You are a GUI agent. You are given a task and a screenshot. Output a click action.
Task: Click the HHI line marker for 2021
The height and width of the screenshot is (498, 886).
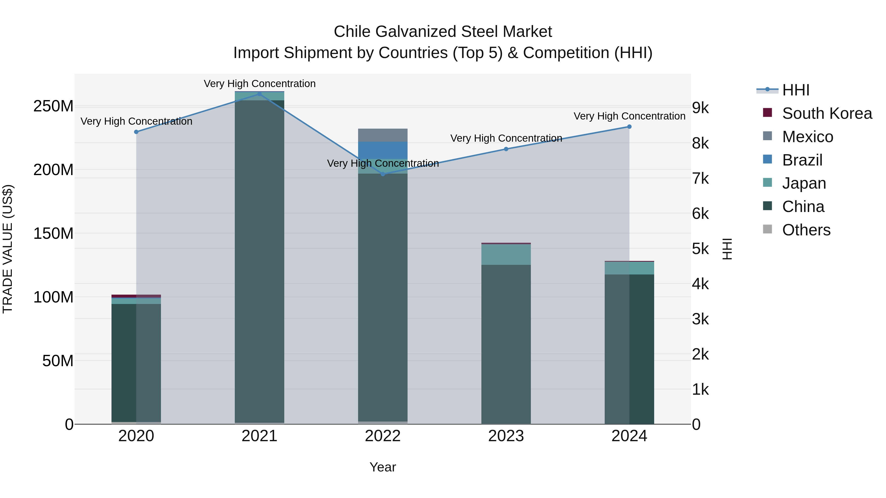coord(259,94)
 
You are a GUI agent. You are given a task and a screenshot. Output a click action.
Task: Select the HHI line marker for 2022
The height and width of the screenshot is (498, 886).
coord(383,174)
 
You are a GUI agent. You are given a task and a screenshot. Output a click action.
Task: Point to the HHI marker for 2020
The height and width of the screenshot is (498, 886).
coord(136,132)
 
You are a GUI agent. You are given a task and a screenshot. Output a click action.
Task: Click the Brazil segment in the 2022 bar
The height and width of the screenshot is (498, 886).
coord(382,150)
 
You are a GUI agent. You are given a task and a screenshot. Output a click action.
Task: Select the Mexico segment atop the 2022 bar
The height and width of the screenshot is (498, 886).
coord(382,135)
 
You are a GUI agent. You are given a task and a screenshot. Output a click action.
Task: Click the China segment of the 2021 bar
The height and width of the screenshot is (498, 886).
coord(259,261)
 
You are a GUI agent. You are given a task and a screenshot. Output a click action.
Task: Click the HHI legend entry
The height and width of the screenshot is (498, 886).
coord(795,90)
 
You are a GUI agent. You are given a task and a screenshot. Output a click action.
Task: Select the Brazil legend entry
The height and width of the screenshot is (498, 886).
coord(802,160)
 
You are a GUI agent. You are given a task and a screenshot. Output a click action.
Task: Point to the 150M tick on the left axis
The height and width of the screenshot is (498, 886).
coord(53,234)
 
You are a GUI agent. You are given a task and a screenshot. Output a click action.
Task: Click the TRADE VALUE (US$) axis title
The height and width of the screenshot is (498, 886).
coord(8,249)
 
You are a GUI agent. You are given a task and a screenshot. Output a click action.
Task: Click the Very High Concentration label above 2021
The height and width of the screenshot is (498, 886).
coord(259,84)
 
